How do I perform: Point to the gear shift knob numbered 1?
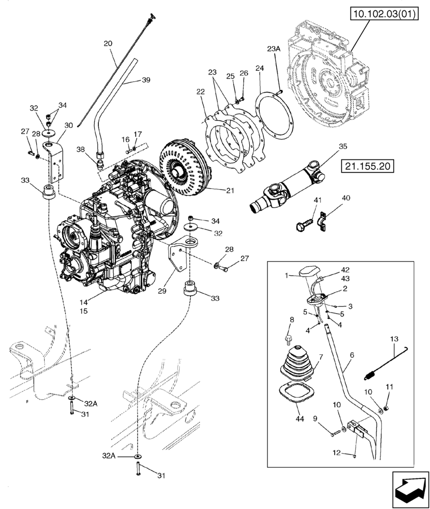[x=310, y=273]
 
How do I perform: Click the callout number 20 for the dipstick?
[x=108, y=44]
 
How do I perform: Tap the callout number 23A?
[x=274, y=49]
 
